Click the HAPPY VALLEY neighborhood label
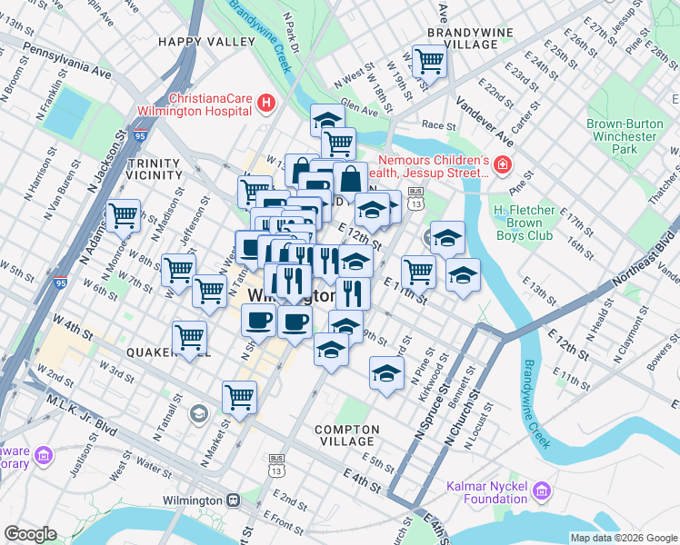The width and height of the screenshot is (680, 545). pyautogui.click(x=206, y=42)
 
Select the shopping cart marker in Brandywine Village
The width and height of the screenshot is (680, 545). pyautogui.click(x=429, y=62)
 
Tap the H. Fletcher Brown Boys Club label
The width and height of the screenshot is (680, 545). pyautogui.click(x=536, y=223)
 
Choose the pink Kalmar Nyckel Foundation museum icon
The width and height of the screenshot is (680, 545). pyautogui.click(x=543, y=491)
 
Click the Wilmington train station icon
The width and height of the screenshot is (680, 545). pyautogui.click(x=234, y=500)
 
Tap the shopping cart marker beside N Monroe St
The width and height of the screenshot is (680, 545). pyautogui.click(x=123, y=216)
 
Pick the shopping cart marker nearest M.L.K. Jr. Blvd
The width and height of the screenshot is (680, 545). pyautogui.click(x=239, y=396)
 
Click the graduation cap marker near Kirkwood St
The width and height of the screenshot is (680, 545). pyautogui.click(x=386, y=373)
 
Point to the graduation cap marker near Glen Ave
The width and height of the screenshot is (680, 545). pyautogui.click(x=328, y=120)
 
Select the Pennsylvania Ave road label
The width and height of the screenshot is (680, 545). pyautogui.click(x=67, y=58)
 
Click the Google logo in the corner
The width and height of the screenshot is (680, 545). pyautogui.click(x=31, y=534)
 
